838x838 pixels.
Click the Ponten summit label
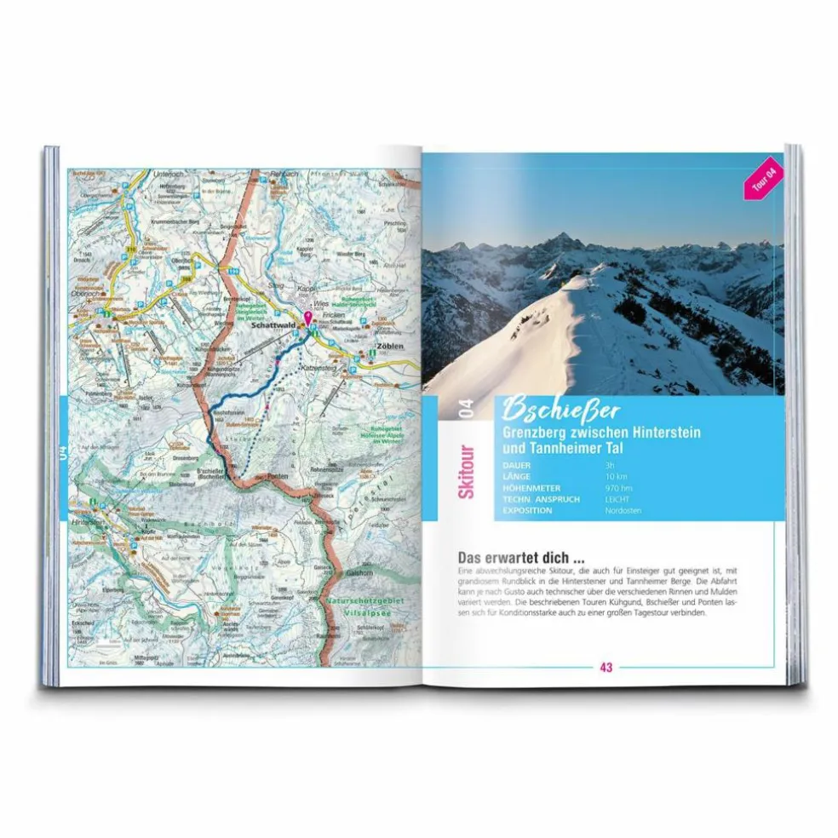278,477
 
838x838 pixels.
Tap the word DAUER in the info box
520,466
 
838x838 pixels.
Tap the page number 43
606,668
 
